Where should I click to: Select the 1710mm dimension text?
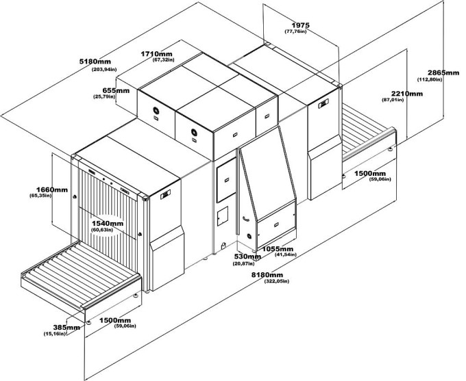point(156,53)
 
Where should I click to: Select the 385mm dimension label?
point(69,328)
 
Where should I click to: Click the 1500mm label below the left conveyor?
point(114,320)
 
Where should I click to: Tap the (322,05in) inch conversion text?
point(276,281)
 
